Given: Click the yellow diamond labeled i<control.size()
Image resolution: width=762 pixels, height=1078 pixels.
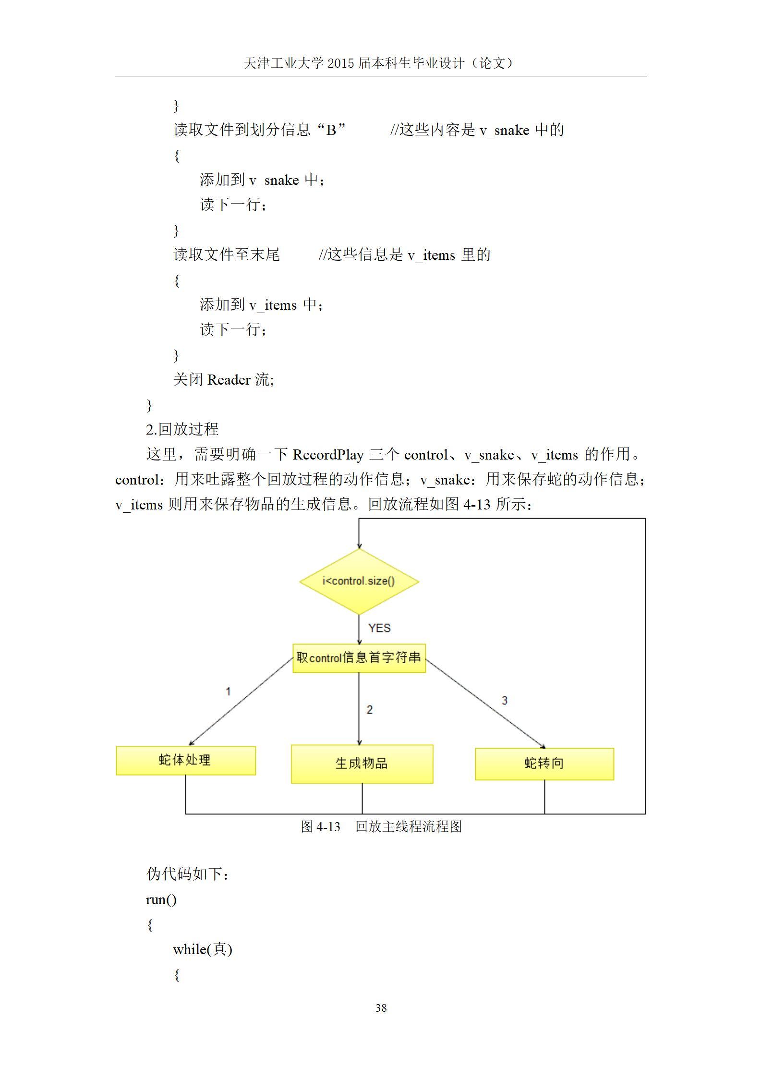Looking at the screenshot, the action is click(359, 581).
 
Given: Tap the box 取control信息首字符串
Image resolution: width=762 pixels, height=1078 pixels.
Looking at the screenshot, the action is click(359, 658).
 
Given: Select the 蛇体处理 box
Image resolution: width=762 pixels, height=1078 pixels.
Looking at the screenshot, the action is click(186, 761).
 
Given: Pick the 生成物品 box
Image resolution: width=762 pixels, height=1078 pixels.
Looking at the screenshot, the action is click(362, 764).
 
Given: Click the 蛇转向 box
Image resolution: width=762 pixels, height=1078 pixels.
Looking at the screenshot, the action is click(544, 763).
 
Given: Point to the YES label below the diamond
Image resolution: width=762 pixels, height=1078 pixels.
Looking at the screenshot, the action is click(379, 628).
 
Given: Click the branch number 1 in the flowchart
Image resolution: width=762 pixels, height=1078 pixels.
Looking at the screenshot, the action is click(229, 691).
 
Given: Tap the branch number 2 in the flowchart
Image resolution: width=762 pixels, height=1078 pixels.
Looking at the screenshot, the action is click(370, 710).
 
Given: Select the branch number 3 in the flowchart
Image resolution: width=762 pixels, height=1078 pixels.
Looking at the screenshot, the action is click(505, 701).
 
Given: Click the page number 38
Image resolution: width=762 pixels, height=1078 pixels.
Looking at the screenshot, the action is click(381, 1008).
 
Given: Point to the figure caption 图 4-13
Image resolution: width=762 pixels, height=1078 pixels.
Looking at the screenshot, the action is click(321, 826).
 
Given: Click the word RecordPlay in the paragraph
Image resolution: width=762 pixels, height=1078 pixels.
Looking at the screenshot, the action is click(328, 455).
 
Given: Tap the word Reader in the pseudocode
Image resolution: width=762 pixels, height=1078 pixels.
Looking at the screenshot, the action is click(229, 380).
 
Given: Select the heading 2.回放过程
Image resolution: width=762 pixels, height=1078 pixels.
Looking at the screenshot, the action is click(182, 429).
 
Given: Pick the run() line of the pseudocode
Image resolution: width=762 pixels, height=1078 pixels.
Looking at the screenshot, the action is click(161, 899).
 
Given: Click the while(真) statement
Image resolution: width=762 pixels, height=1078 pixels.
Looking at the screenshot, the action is click(203, 949).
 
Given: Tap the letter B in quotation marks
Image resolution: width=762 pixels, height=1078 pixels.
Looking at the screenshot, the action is click(331, 130).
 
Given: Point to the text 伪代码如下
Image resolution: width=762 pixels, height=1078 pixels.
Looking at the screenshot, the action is click(187, 874).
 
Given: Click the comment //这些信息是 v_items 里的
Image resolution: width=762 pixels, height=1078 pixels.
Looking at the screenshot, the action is click(405, 254).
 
